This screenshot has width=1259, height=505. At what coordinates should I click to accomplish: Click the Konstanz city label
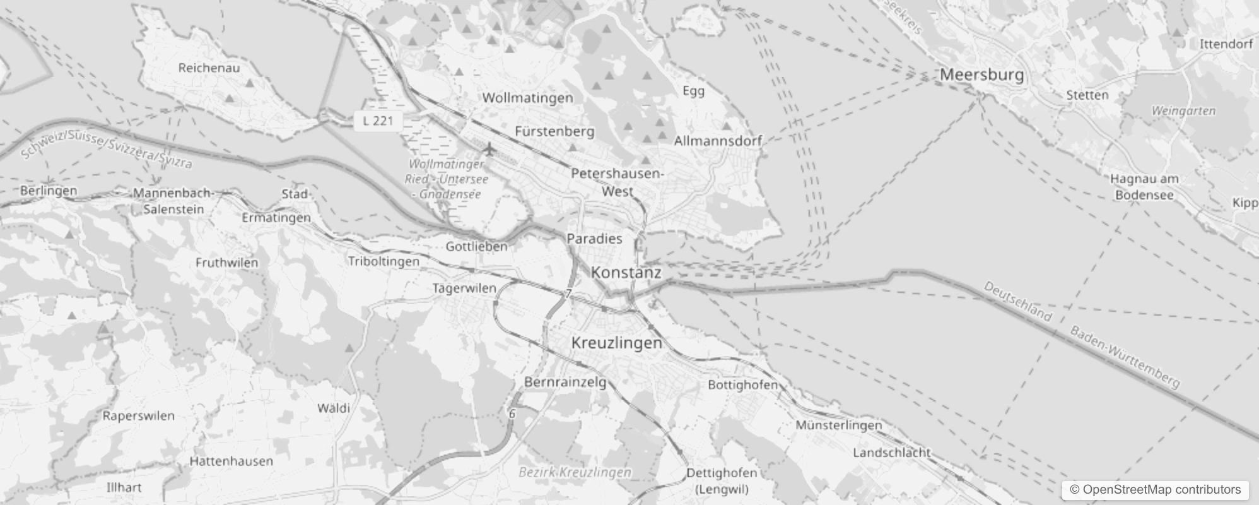[626, 273]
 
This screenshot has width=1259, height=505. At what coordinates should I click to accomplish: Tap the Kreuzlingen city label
[616, 343]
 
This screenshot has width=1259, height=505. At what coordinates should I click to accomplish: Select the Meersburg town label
[981, 74]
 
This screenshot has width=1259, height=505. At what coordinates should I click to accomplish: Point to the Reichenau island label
[209, 68]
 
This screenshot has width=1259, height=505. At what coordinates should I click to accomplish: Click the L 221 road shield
[378, 121]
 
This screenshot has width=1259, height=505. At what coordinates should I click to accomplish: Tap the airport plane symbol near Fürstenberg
[489, 150]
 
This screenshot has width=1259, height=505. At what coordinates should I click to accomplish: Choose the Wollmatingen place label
[527, 98]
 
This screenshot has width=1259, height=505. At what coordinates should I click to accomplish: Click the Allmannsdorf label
[718, 141]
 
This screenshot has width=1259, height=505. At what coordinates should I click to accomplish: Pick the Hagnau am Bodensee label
[1144, 187]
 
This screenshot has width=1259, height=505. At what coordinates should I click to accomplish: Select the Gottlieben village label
[476, 246]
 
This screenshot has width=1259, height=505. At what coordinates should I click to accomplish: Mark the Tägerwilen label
[464, 288]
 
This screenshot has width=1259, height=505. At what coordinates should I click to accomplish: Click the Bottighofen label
[742, 384]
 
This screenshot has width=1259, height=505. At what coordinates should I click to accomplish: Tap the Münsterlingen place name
[838, 425]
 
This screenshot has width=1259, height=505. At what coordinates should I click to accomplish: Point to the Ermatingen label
[276, 218]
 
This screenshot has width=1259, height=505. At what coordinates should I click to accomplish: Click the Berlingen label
[49, 191]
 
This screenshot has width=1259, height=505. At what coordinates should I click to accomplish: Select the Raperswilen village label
[138, 415]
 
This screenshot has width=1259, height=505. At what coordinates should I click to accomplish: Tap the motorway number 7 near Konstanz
[568, 294]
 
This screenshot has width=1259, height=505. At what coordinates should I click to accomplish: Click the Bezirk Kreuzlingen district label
[574, 472]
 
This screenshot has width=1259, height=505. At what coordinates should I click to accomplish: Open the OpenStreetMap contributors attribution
[1155, 490]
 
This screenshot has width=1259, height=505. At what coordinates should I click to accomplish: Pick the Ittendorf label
[1226, 44]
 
